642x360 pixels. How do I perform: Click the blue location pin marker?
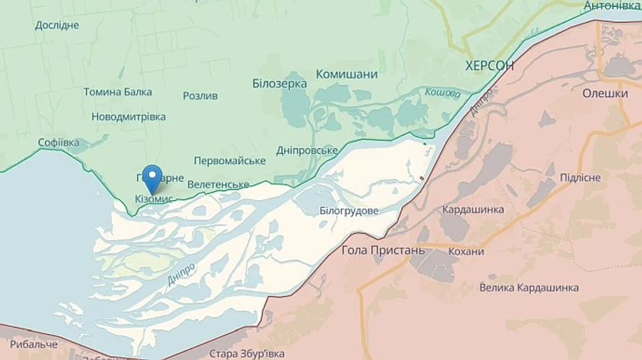(152, 176)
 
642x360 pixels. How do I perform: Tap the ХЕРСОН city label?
(489, 66)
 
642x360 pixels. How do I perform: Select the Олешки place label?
(605, 93)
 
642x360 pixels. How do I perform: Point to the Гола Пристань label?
(383, 250)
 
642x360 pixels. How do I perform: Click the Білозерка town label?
(280, 83)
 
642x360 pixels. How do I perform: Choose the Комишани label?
(347, 74)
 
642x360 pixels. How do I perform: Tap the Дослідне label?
(57, 26)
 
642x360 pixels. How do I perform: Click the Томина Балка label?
(118, 92)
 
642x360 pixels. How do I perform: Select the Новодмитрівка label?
(128, 116)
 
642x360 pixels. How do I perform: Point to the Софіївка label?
(58, 143)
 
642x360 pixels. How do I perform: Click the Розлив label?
(200, 96)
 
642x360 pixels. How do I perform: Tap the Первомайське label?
(230, 161)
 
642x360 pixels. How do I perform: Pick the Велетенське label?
(219, 185)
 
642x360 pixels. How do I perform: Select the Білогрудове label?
(349, 211)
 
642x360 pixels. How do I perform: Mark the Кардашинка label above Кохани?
(473, 210)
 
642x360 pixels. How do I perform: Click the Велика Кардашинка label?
(529, 288)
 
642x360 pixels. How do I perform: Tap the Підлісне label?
(580, 178)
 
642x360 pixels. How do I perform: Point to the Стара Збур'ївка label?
(247, 354)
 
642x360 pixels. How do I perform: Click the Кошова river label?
(442, 92)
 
